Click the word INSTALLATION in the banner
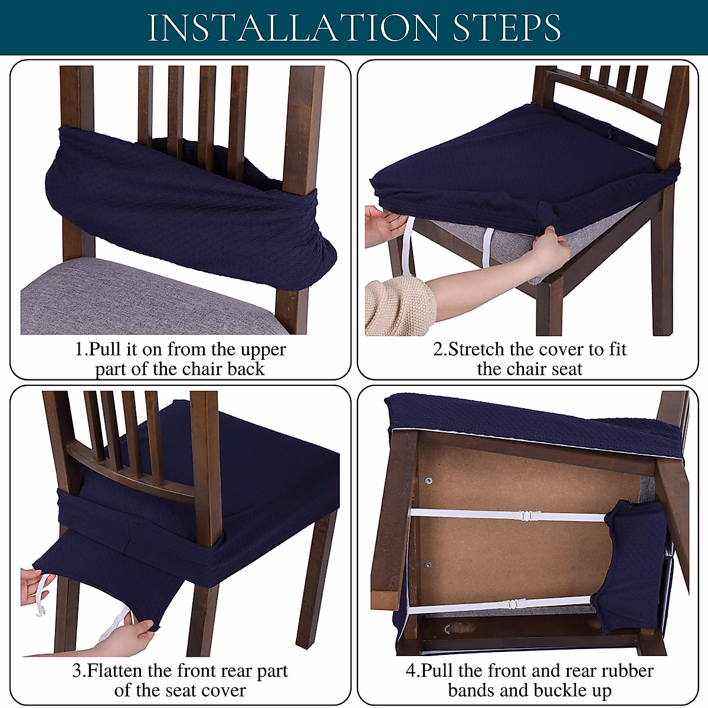293,28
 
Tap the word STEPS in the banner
507,28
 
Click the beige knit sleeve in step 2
400,306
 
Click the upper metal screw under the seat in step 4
428,481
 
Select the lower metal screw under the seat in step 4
428,565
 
